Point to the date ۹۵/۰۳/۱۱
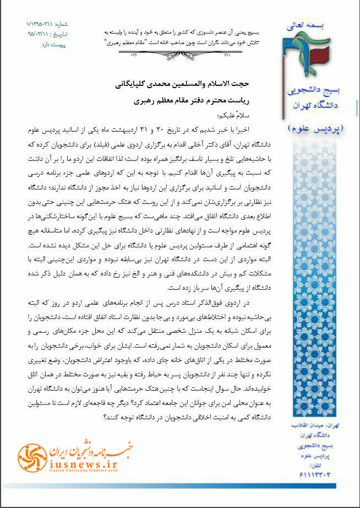42,33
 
